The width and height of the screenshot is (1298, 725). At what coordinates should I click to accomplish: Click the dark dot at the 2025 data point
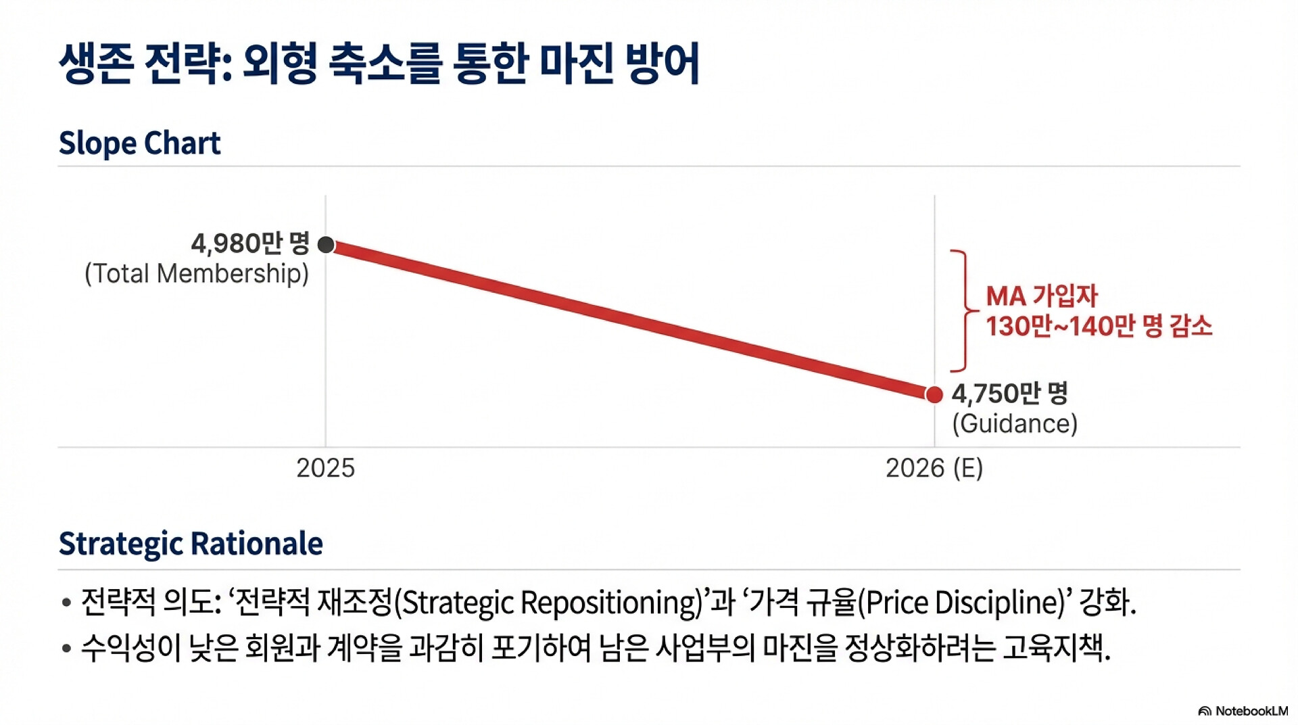(326, 245)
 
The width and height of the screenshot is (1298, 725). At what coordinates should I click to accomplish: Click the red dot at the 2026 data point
(934, 394)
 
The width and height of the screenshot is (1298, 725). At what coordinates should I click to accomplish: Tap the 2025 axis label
(325, 468)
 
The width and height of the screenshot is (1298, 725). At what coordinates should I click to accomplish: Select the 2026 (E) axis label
(934, 468)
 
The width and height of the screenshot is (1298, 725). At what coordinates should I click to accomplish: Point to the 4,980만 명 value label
(249, 243)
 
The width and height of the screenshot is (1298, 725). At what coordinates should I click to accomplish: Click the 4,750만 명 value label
(1009, 393)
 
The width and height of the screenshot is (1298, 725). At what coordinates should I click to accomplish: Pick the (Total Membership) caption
(196, 274)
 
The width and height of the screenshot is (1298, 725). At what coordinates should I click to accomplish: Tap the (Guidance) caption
(1015, 424)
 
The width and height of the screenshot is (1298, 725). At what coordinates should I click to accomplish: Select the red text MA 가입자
(1042, 296)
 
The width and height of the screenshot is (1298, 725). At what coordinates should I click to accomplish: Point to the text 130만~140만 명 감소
(1099, 327)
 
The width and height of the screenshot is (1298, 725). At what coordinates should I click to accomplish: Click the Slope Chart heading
(139, 143)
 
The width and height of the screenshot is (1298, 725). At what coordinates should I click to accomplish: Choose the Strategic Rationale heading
(191, 544)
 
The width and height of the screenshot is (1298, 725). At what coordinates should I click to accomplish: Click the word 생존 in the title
(95, 64)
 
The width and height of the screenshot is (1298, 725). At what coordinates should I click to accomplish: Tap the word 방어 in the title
(663, 64)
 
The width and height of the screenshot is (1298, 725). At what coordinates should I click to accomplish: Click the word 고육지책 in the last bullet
(1055, 649)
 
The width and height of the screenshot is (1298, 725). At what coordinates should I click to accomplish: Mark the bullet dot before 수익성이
(66, 649)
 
